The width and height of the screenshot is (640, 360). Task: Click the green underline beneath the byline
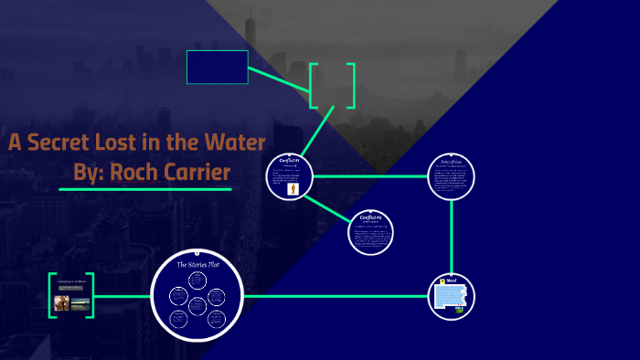[x=144, y=189]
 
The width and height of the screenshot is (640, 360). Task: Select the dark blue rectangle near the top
[x=217, y=67]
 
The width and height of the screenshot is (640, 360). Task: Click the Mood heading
[x=452, y=280]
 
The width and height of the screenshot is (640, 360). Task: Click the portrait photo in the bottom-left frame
[x=61, y=302]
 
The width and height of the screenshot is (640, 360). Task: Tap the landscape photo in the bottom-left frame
[x=80, y=302]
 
